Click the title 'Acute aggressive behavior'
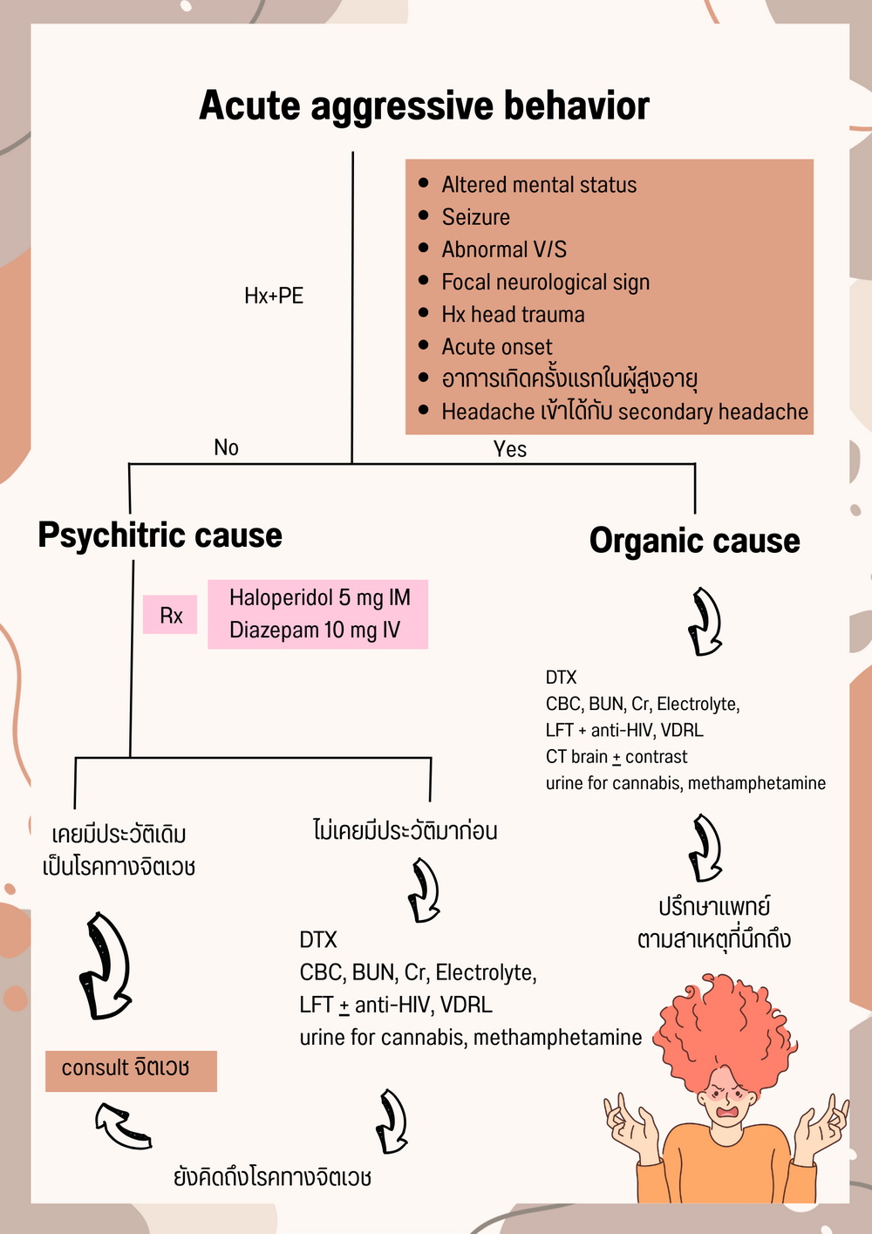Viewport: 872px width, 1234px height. [424, 106]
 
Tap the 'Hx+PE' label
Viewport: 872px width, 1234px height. [274, 296]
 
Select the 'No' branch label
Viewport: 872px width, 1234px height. [226, 447]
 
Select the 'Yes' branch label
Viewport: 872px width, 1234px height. [510, 449]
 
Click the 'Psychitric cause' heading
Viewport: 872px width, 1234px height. [160, 535]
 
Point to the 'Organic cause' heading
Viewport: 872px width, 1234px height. [694, 540]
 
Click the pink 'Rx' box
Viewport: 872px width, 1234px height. [171, 616]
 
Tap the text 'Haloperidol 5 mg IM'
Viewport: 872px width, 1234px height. [319, 597]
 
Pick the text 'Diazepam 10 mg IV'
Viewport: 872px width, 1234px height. [314, 630]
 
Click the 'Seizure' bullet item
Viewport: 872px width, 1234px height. [475, 217]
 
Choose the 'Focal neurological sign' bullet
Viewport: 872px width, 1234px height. [545, 283]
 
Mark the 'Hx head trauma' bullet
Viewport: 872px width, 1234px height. [513, 315]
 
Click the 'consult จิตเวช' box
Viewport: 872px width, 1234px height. [131, 1070]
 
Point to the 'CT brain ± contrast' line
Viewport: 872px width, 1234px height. [617, 757]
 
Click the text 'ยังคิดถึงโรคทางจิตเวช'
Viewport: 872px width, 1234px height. [272, 1177]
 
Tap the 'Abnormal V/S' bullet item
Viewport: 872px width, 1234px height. [504, 250]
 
